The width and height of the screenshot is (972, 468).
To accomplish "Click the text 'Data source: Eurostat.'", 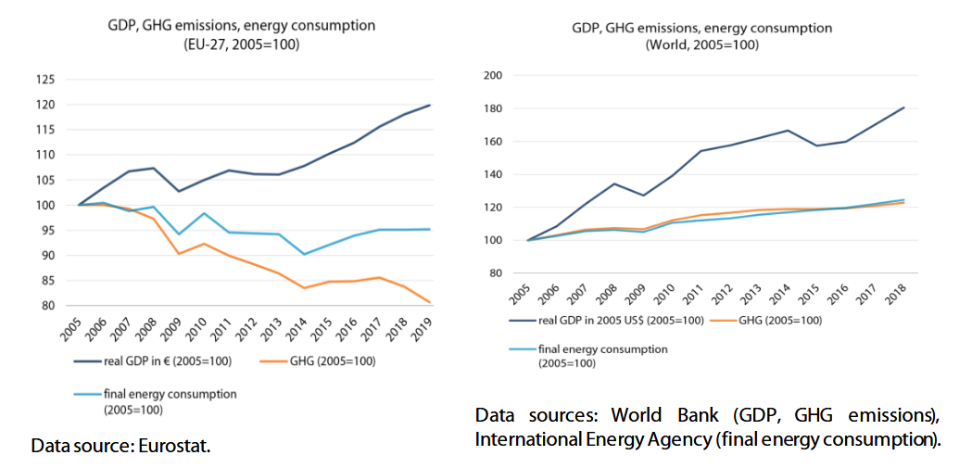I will (x=121, y=447).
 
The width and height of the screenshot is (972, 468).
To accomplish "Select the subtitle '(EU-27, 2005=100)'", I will (x=240, y=44).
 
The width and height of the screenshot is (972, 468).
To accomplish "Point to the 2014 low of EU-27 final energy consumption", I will (x=304, y=254).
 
